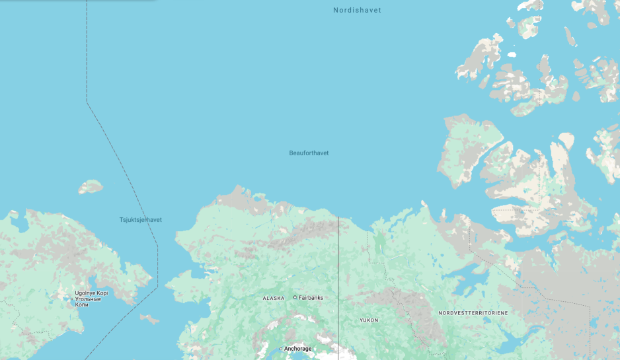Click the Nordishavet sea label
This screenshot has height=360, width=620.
(x=357, y=11)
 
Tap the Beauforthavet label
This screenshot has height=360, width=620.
(x=309, y=153)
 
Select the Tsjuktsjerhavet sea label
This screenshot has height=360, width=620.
(x=140, y=220)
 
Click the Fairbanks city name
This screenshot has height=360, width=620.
(x=311, y=298)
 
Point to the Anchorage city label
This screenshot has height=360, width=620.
(x=297, y=349)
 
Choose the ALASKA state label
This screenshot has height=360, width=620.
(x=274, y=299)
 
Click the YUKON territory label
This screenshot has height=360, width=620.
(x=369, y=320)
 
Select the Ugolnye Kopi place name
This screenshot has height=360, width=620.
(x=91, y=293)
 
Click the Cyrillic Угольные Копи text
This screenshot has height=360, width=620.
(x=88, y=302)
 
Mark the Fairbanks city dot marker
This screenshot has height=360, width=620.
(x=295, y=298)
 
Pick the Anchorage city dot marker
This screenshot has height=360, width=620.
(x=280, y=349)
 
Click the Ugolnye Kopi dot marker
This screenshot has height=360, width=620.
(x=72, y=299)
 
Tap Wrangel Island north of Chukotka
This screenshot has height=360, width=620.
(x=91, y=187)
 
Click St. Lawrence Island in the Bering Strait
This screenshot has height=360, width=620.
(x=149, y=320)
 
